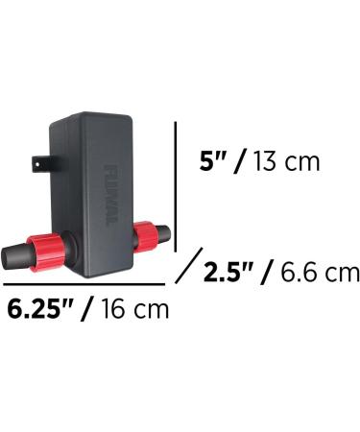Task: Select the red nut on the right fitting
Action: (x=145, y=234)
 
